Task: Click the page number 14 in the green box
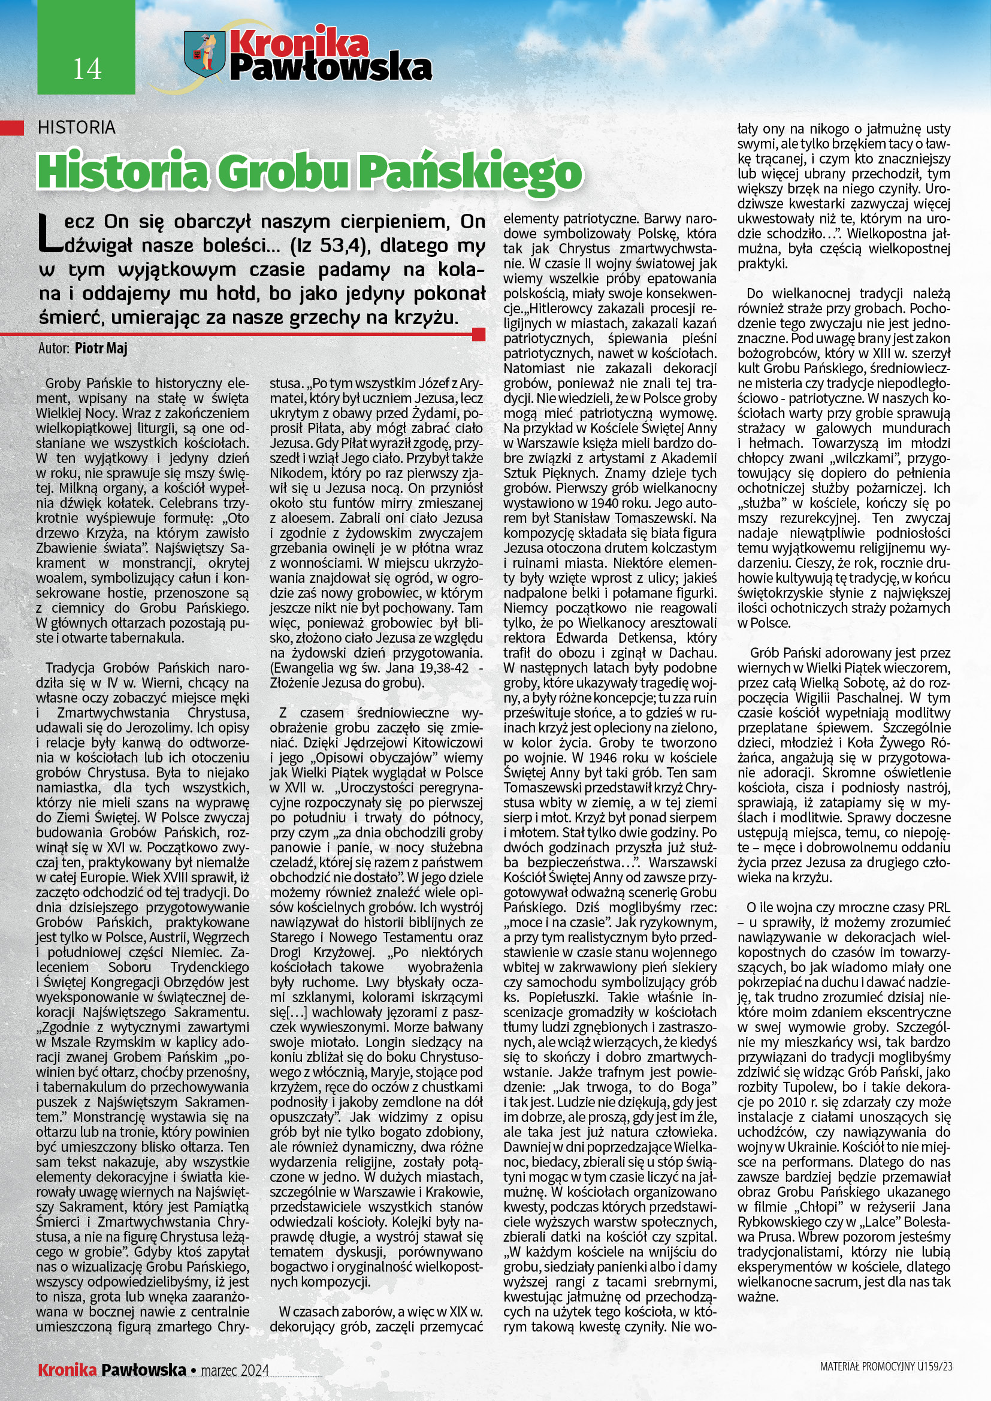87,69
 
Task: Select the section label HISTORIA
76,128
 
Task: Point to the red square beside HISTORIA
11,128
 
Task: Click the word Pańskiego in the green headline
469,173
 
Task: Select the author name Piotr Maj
101,349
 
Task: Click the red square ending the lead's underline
479,334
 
